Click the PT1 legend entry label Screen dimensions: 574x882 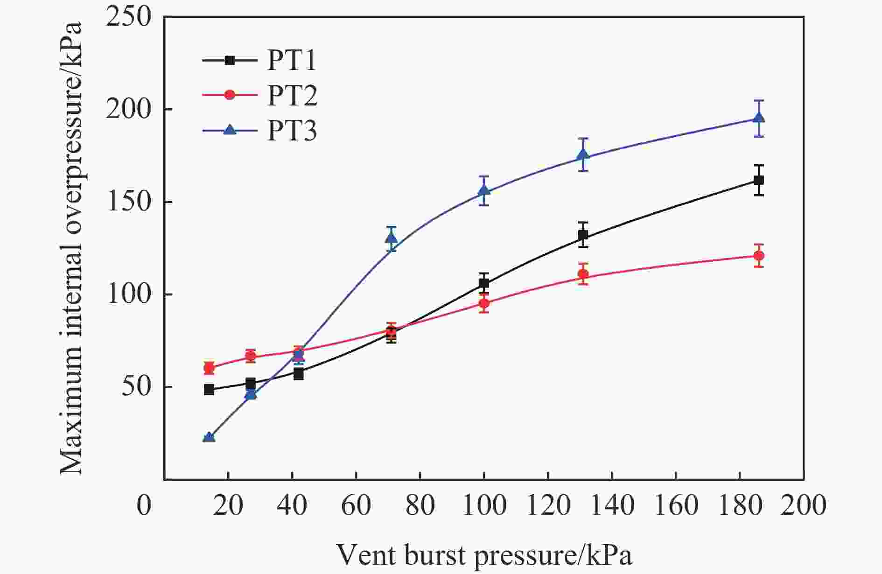(x=292, y=61)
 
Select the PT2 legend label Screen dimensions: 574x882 (x=292, y=95)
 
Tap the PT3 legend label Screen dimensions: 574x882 (x=292, y=131)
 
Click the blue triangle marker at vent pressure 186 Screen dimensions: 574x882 (x=759, y=118)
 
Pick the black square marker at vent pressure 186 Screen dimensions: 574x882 (x=759, y=180)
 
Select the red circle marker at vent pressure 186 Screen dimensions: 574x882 (x=759, y=256)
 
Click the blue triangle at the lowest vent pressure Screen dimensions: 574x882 (x=209, y=437)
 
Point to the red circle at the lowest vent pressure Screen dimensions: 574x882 (x=209, y=368)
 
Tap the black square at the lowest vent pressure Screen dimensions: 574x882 (x=209, y=390)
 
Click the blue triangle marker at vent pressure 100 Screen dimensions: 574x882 (x=484, y=190)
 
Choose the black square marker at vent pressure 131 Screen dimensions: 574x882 (x=583, y=235)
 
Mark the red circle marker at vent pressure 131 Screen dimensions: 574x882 (x=583, y=274)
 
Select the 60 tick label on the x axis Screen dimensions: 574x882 (x=356, y=505)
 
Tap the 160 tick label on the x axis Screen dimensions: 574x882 (x=676, y=505)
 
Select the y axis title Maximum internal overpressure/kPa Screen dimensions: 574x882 (x=71, y=247)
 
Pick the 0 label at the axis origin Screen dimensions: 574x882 (x=144, y=505)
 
